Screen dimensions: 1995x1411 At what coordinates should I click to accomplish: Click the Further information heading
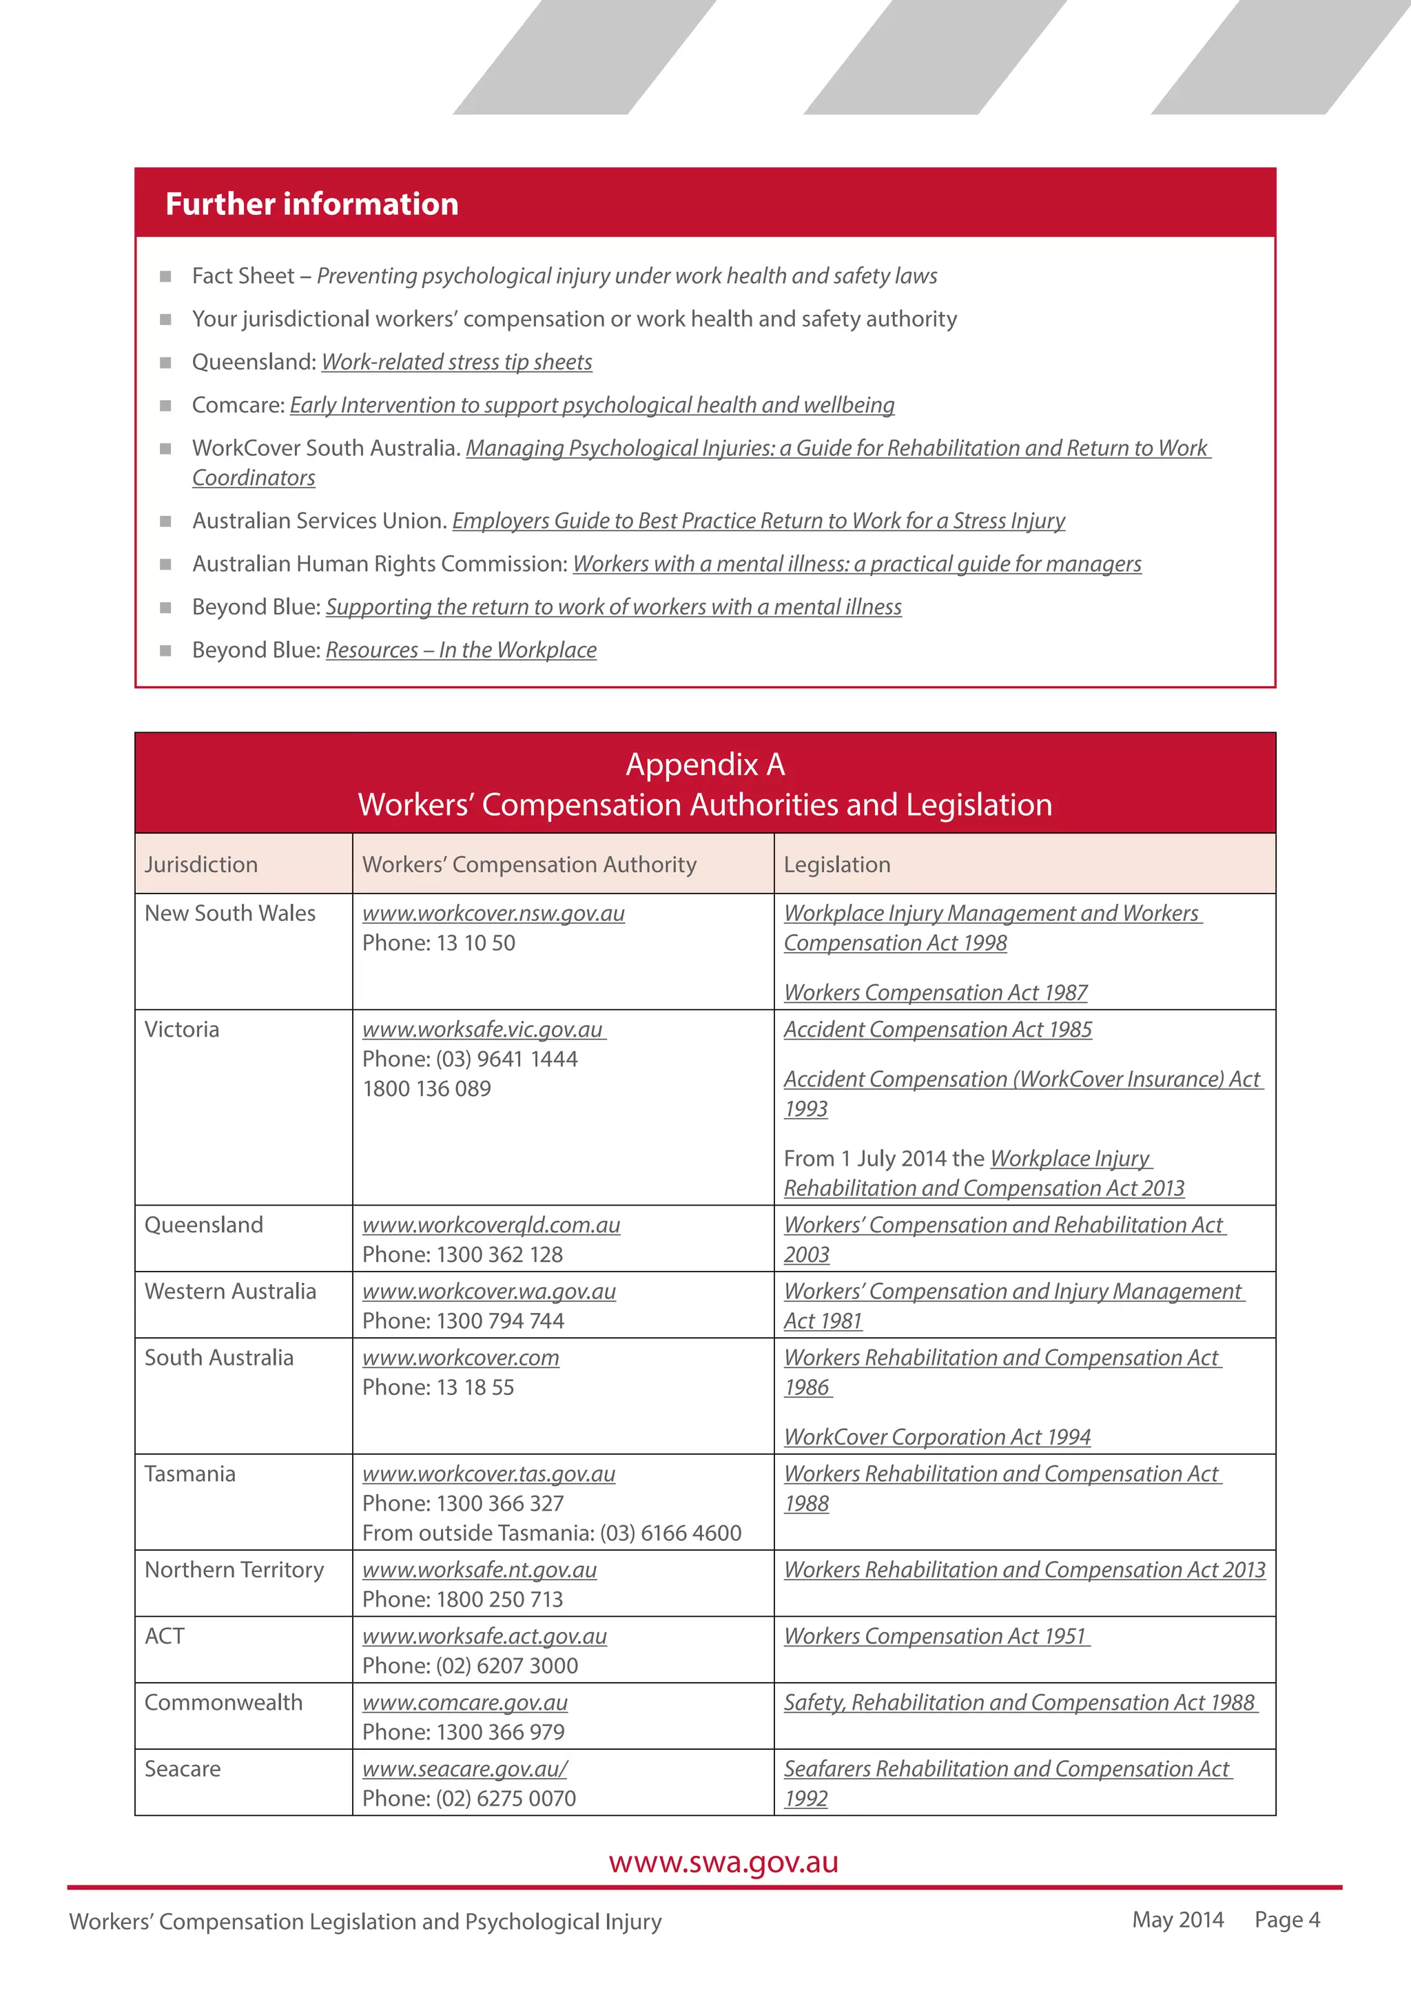312,204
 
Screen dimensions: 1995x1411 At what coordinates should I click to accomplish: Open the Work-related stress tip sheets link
456,362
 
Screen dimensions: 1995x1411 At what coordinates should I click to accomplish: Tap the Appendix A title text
705,765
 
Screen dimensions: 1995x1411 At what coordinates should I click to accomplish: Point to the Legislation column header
836,865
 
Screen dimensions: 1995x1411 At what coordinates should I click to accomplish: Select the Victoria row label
182,1030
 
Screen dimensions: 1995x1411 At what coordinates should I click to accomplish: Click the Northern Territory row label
234,1570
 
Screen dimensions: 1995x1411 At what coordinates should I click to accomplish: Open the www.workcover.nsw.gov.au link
493,913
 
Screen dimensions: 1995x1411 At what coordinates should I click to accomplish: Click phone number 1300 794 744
499,1321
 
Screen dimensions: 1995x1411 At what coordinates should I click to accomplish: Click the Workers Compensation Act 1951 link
935,1636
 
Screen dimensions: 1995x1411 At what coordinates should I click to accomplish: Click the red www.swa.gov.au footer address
723,1862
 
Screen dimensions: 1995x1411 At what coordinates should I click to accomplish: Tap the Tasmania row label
189,1474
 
